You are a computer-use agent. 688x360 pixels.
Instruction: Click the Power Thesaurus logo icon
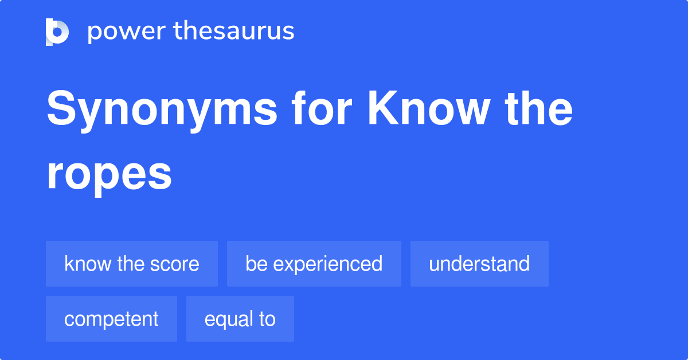coord(57,32)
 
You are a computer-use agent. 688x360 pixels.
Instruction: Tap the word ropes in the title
coord(109,174)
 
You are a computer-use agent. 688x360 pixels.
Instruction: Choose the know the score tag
coord(132,264)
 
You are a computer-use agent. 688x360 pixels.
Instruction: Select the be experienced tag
coord(314,264)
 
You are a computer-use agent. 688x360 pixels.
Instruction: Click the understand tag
coord(479,264)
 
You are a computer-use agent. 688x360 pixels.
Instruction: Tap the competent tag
coord(111,319)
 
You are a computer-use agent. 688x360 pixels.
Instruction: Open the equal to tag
coord(240,319)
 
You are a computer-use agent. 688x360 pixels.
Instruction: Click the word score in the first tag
coord(175,264)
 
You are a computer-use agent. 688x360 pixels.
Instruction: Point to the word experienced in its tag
coord(327,264)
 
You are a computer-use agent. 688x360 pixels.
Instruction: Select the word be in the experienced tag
coord(255,264)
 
